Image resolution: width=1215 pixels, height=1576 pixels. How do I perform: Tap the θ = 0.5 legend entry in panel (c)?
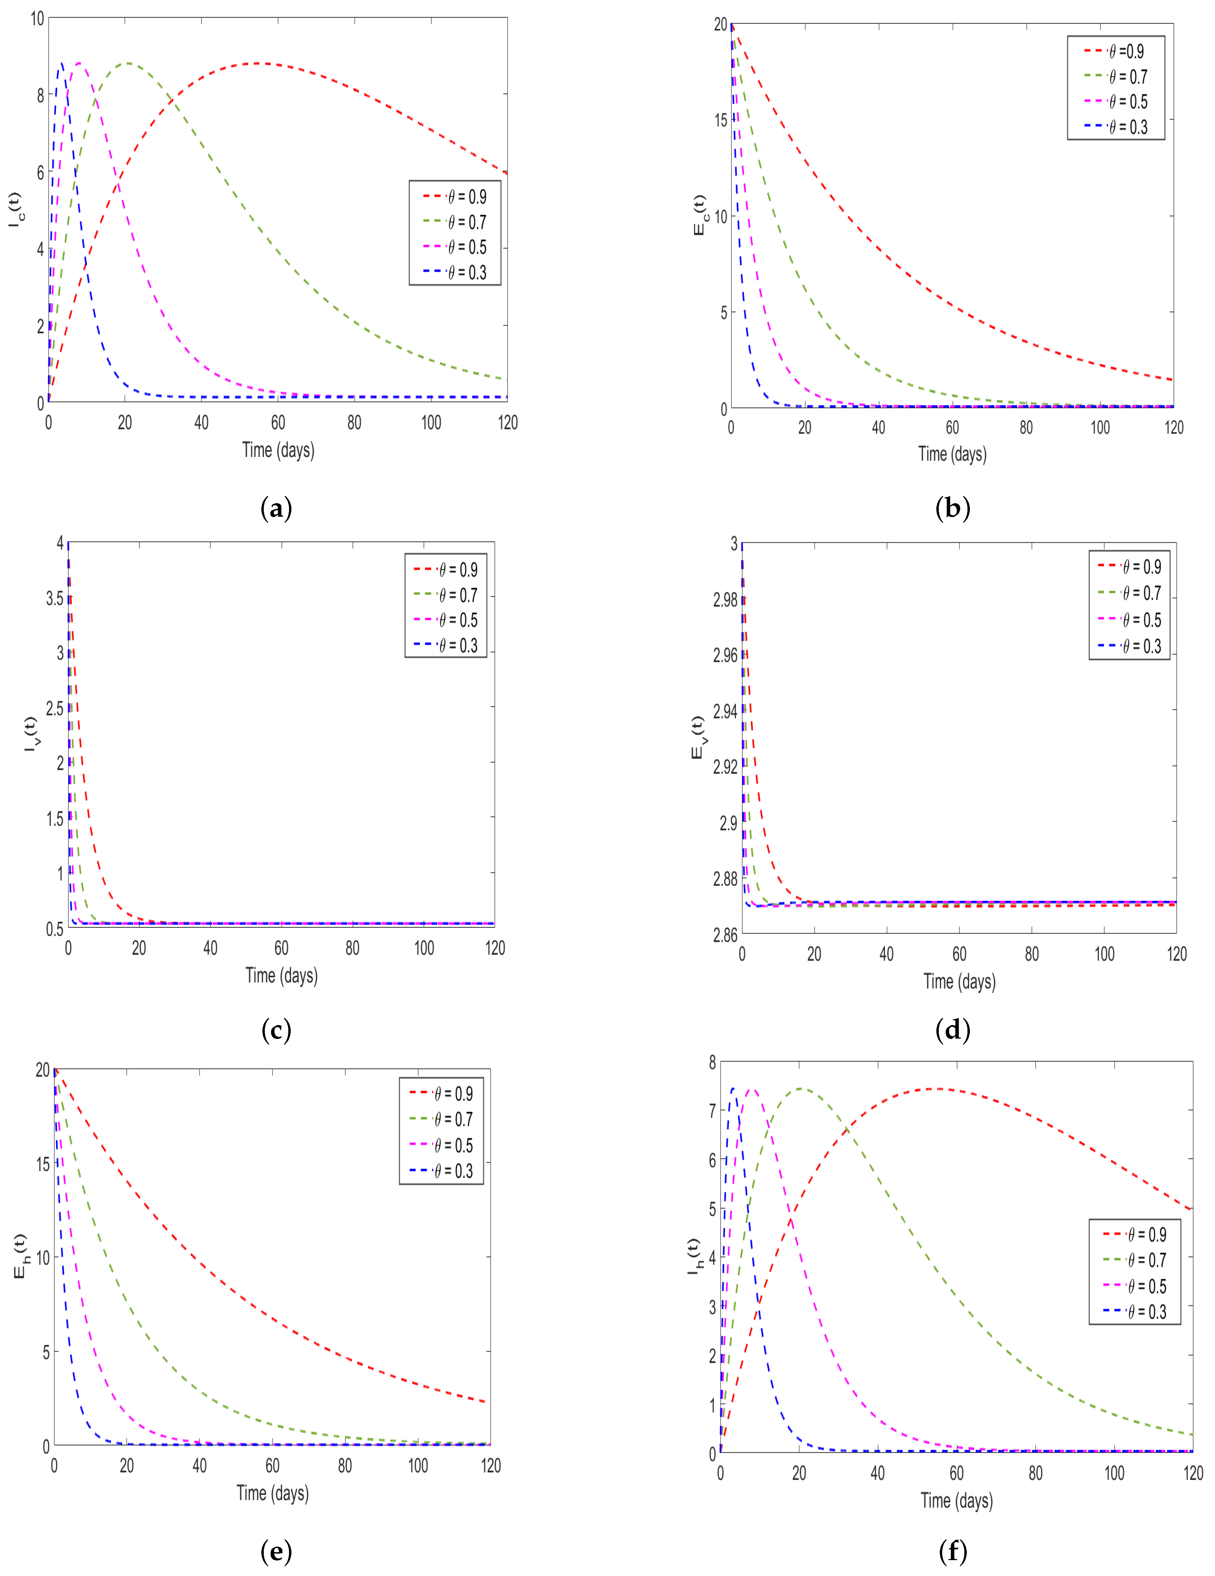(x=446, y=620)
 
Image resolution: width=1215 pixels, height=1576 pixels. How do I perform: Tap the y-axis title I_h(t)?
(x=693, y=1256)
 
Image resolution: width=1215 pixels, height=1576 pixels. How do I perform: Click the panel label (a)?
(x=276, y=509)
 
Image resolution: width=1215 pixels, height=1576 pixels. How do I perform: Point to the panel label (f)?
(x=952, y=1551)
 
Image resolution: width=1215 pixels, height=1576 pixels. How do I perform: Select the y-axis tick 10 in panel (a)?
(x=38, y=19)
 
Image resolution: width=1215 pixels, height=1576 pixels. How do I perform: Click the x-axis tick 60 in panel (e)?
(x=272, y=1465)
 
